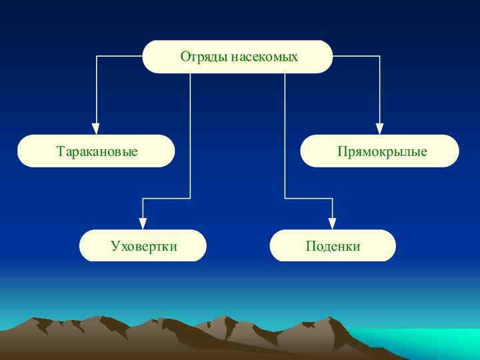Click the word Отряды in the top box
click(x=204, y=57)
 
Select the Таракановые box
click(x=96, y=151)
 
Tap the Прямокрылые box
click(x=379, y=151)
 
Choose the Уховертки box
click(x=143, y=245)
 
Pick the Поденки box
click(x=333, y=245)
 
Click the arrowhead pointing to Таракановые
click(x=96, y=129)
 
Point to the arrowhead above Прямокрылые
click(x=379, y=129)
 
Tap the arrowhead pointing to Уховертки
click(x=143, y=223)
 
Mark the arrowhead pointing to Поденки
click(x=333, y=223)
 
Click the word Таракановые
click(x=97, y=151)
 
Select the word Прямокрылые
click(x=382, y=152)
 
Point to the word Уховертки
click(x=144, y=247)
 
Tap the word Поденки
click(x=333, y=247)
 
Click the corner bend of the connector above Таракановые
click(x=96, y=57)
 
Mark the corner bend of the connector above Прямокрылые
click(x=379, y=57)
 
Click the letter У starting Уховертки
click(x=115, y=247)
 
